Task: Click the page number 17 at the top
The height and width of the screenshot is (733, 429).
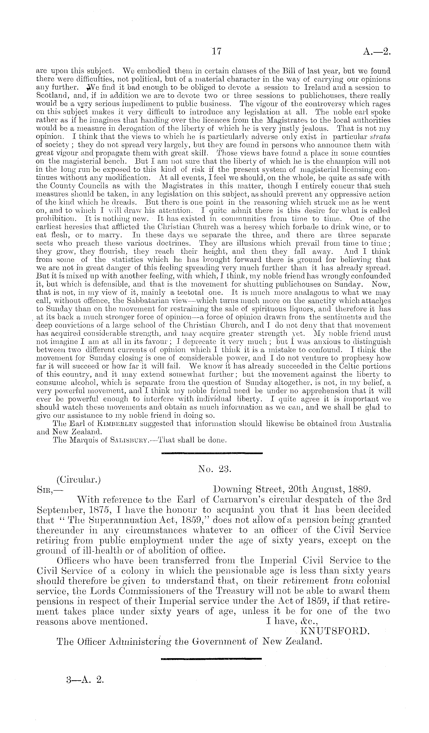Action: tap(217, 52)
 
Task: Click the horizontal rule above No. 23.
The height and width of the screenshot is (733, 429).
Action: tap(212, 453)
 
